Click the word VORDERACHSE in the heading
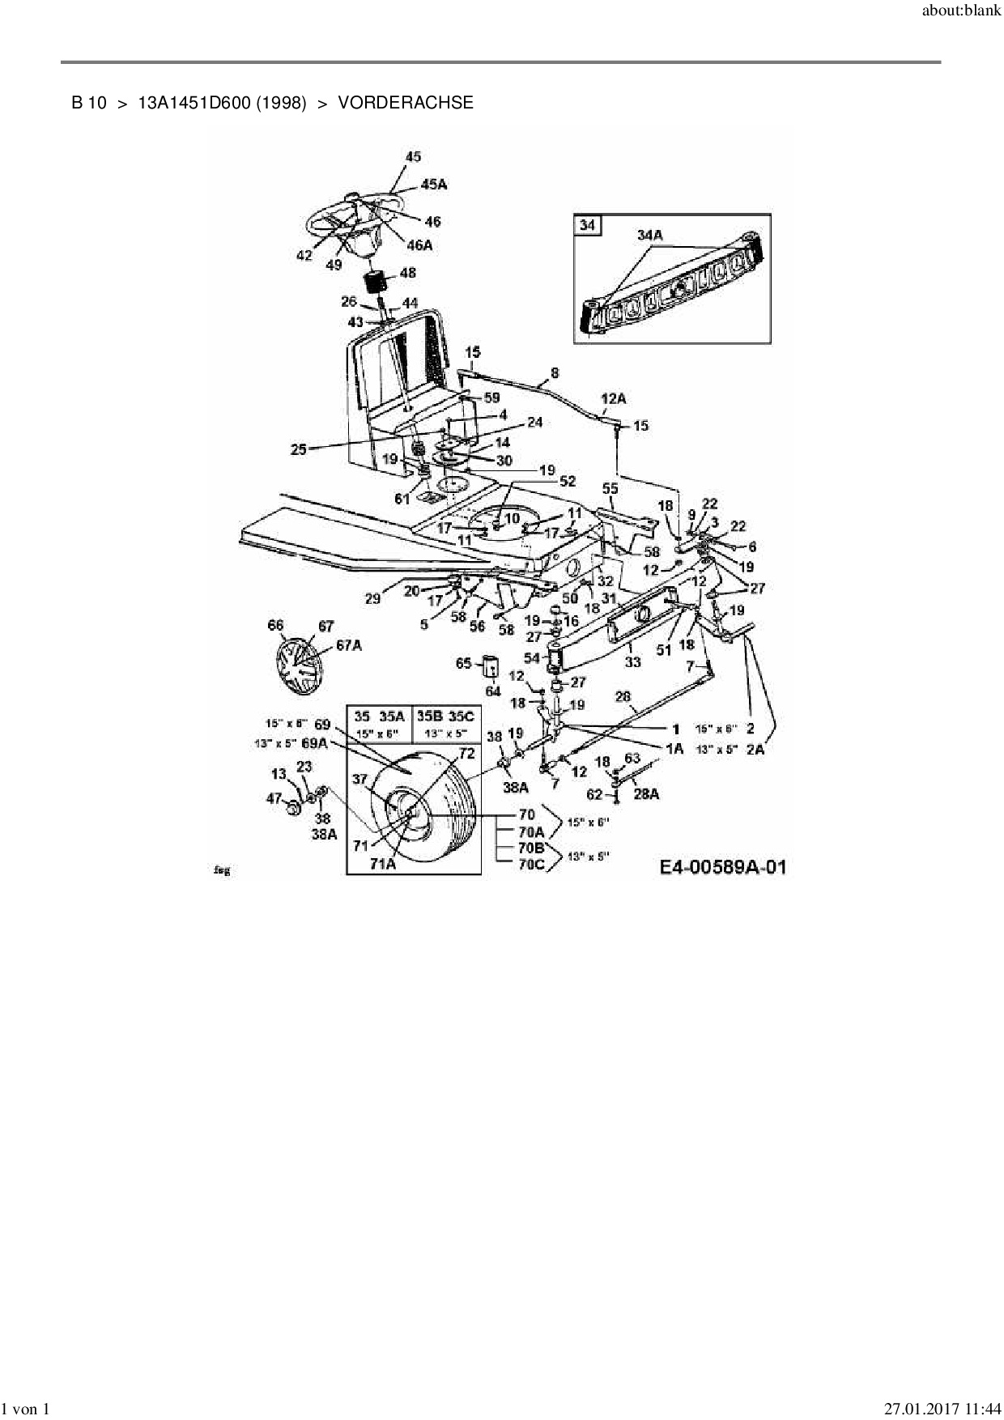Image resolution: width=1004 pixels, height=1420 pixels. (x=405, y=103)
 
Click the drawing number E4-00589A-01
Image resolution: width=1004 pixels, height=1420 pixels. (x=722, y=868)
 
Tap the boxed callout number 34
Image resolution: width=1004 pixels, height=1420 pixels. (x=587, y=224)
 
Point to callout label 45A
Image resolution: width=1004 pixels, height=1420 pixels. (x=433, y=185)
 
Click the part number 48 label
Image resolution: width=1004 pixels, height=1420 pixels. (x=407, y=273)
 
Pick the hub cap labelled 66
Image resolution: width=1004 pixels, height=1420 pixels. (x=300, y=664)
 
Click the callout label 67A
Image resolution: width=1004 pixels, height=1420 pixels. (x=349, y=644)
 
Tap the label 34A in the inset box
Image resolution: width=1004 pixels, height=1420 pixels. (x=649, y=236)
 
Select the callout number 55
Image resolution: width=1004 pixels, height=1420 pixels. (x=610, y=489)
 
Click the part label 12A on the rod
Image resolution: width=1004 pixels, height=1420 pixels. (x=613, y=398)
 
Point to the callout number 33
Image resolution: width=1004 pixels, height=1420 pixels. (x=632, y=661)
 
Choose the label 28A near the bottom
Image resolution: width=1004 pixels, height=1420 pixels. (x=645, y=793)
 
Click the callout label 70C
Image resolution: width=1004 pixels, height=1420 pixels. (x=531, y=864)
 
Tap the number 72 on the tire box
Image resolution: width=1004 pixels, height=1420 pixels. (x=466, y=754)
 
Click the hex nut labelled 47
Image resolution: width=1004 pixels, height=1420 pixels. (x=294, y=808)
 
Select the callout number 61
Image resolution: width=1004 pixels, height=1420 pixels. (x=402, y=499)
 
